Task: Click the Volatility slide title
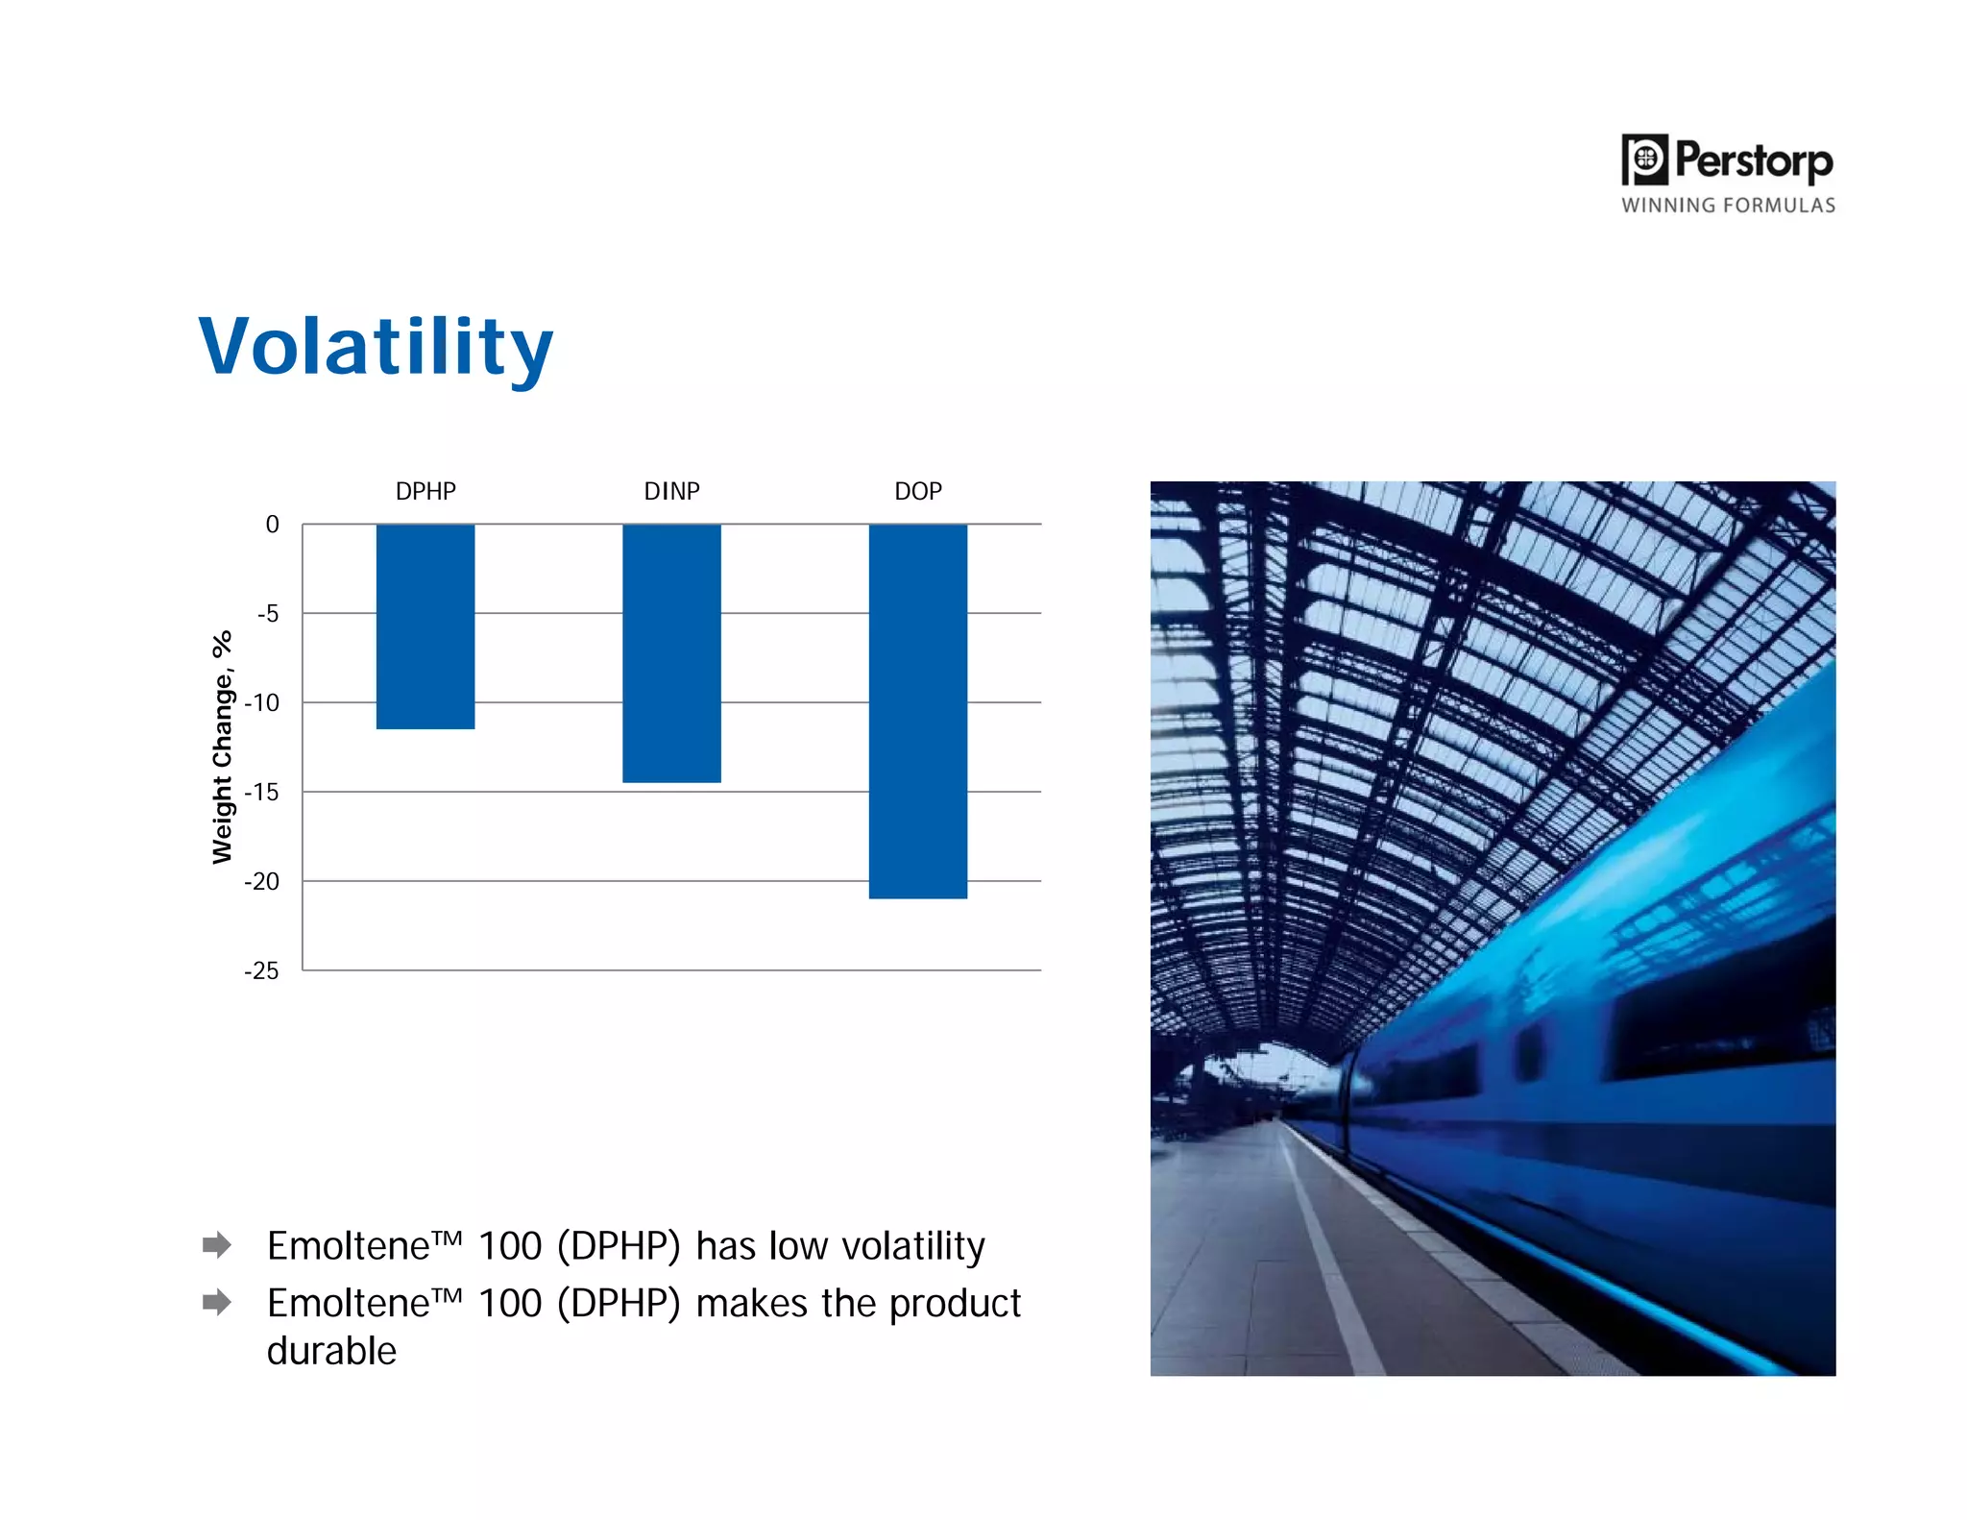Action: pyautogui.click(x=376, y=348)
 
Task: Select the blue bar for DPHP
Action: pyautogui.click(x=425, y=626)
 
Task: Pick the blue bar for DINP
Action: pyautogui.click(x=671, y=653)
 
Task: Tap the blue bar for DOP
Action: pyautogui.click(x=917, y=711)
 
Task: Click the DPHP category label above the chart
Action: pyautogui.click(x=425, y=491)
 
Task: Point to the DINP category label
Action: pyautogui.click(x=671, y=491)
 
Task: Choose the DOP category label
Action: pyautogui.click(x=917, y=491)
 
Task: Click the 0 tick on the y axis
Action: pyautogui.click(x=272, y=525)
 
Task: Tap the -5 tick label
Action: pyautogui.click(x=268, y=614)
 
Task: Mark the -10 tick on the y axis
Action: pyautogui.click(x=262, y=703)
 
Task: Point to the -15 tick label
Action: pyautogui.click(x=262, y=793)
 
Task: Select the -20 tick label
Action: pyautogui.click(x=262, y=882)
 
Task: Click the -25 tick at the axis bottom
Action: pyautogui.click(x=262, y=971)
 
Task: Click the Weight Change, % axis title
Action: pyautogui.click(x=223, y=748)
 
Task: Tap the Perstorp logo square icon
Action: pyautogui.click(x=1644, y=159)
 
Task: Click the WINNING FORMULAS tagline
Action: pyautogui.click(x=1728, y=206)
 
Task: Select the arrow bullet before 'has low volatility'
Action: pyautogui.click(x=217, y=1245)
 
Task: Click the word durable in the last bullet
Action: pyautogui.click(x=331, y=1351)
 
